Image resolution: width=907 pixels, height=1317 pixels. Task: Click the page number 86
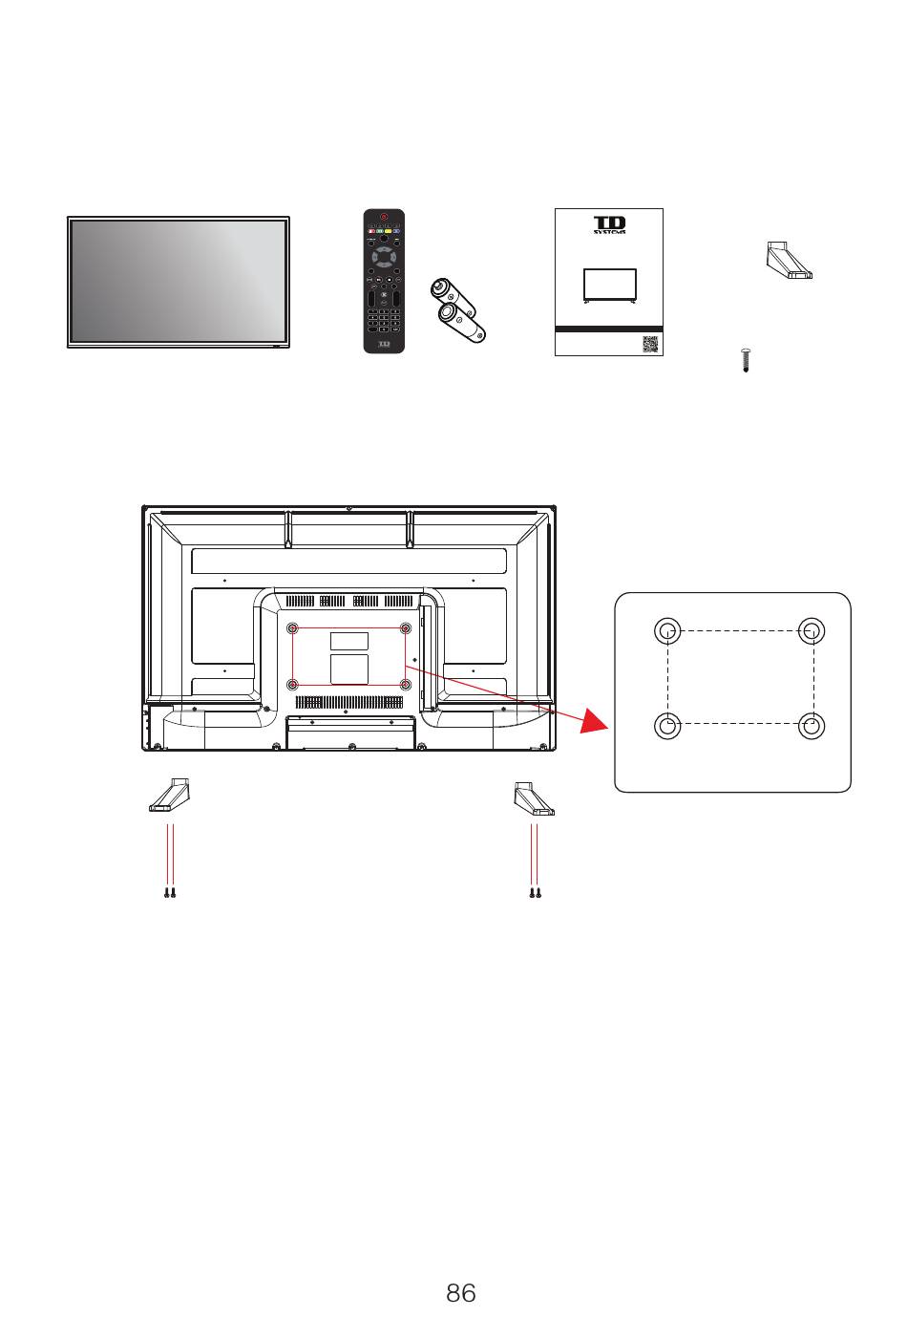460,1293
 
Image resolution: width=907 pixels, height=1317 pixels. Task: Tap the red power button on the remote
384,218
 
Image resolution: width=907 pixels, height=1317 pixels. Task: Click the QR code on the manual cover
650,344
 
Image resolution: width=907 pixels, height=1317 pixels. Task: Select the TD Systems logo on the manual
609,224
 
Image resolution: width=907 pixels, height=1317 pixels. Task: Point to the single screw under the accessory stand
745,361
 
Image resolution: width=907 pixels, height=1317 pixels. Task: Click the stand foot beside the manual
789,261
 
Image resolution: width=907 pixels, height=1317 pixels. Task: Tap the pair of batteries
458,308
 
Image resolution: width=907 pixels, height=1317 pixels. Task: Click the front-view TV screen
179,281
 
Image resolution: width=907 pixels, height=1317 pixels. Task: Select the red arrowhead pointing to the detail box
594,722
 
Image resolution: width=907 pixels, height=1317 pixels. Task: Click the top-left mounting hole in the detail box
667,630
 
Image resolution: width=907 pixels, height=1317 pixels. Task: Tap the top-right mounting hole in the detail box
812,630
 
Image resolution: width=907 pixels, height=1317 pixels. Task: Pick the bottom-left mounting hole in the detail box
667,726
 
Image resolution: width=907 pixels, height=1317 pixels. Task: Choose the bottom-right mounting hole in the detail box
812,726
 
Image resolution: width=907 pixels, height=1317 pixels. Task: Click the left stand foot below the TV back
170,797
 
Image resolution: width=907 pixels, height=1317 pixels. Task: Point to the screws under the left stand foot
170,893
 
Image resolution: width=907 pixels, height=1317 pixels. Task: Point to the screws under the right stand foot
536,893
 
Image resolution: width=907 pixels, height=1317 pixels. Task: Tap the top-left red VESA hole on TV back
293,627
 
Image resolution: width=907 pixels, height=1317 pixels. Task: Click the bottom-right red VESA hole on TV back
406,685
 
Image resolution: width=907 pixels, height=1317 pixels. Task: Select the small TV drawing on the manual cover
610,286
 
